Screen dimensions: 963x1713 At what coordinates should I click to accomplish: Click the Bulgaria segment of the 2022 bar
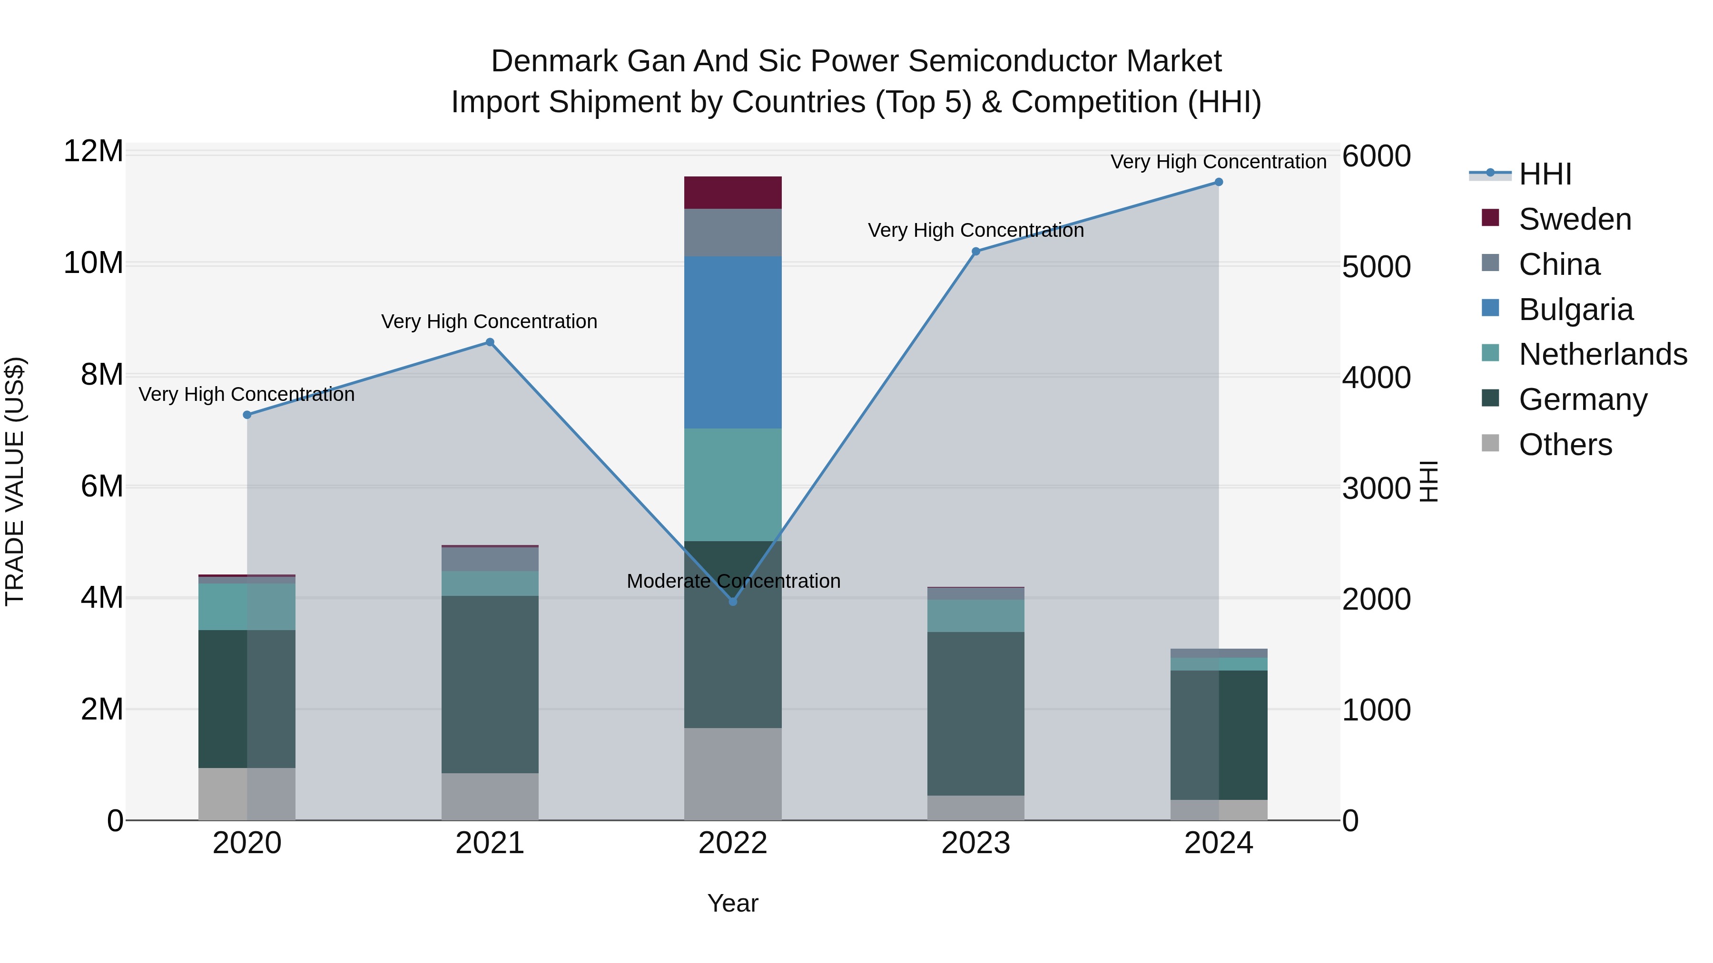[733, 342]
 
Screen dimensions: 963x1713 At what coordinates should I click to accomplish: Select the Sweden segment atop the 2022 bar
[733, 193]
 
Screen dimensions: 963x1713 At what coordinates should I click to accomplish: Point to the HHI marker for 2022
[733, 602]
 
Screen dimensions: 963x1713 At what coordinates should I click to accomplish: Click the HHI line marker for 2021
[490, 342]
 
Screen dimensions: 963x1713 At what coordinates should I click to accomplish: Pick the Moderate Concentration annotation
[733, 581]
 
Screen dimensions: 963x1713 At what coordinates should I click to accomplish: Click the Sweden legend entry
[1575, 219]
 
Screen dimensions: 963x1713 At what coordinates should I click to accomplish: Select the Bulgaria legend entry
[1575, 310]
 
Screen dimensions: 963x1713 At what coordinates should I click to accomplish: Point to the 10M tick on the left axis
[93, 263]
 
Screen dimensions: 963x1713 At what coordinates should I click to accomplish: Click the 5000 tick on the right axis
[1376, 267]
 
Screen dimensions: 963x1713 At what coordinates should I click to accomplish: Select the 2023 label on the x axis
[975, 843]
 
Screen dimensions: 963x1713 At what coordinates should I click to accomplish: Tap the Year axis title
[733, 903]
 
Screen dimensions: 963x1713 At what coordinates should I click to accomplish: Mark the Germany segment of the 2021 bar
[490, 684]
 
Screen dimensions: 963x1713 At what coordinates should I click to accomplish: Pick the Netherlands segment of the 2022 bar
[733, 485]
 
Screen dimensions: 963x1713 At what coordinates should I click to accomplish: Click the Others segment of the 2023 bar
[975, 807]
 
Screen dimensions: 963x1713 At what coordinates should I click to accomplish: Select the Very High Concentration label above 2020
[246, 394]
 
